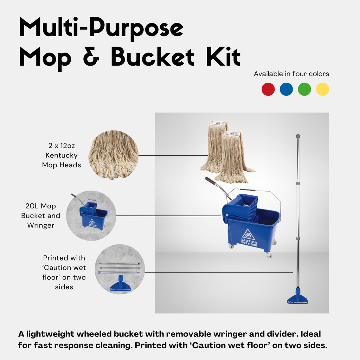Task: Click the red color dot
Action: (268, 89)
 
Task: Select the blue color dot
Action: (286, 89)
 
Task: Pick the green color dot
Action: (304, 89)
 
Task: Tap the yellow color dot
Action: (322, 89)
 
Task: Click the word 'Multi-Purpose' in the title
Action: (101, 28)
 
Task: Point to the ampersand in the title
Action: (91, 57)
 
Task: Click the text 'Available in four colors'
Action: (291, 74)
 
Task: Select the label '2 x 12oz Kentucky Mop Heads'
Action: (62, 155)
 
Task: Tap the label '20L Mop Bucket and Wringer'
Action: (40, 216)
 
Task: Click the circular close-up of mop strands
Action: (113, 155)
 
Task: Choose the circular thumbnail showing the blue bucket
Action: (91, 216)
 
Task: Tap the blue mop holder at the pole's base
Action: (297, 299)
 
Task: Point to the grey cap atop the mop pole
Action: (298, 135)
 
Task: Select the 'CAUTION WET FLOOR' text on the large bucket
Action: (249, 243)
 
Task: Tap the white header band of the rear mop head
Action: (217, 123)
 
